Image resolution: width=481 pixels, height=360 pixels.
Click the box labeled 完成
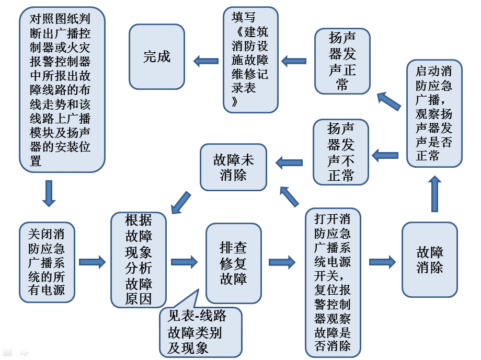[x=157, y=56]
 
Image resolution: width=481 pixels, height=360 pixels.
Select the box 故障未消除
[x=234, y=167]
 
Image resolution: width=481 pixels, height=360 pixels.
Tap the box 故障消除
[x=430, y=260]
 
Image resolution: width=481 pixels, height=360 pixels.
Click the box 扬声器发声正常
[x=342, y=61]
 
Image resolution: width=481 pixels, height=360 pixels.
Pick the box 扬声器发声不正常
[x=341, y=152]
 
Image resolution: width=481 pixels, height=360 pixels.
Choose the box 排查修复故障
[x=234, y=263]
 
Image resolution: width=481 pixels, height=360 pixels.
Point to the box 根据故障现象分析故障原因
[x=139, y=260]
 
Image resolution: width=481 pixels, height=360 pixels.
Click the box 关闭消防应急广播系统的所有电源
[x=47, y=262]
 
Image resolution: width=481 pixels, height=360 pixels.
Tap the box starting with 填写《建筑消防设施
[x=250, y=60]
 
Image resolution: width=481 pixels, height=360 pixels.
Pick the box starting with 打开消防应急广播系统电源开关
[x=333, y=282]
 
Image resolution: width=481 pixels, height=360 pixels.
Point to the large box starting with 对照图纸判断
[x=62, y=90]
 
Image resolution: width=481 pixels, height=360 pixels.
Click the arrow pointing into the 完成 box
[x=206, y=62]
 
